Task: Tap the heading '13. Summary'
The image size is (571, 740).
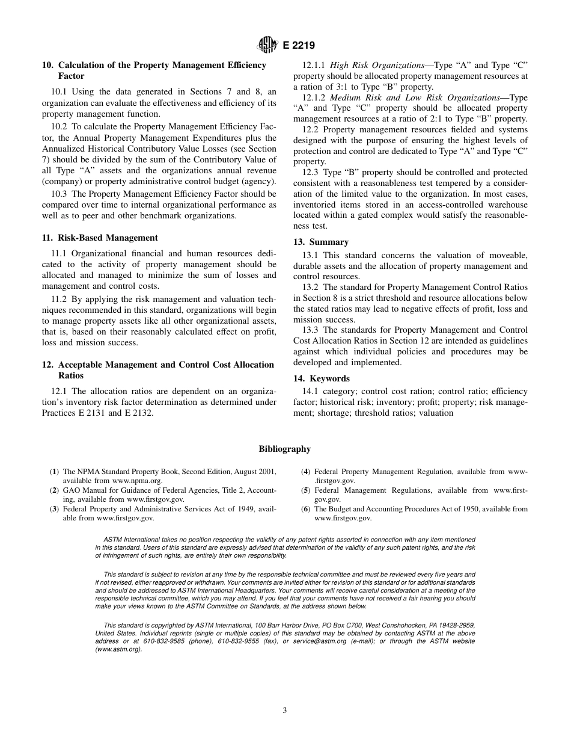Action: tap(320, 242)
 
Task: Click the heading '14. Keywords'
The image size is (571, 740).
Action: tap(321, 378)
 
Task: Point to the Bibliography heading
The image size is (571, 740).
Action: tap(285, 449)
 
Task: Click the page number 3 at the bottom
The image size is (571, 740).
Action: tap(285, 710)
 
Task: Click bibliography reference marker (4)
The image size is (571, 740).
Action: tap(306, 472)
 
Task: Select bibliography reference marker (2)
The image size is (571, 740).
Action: tap(55, 490)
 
